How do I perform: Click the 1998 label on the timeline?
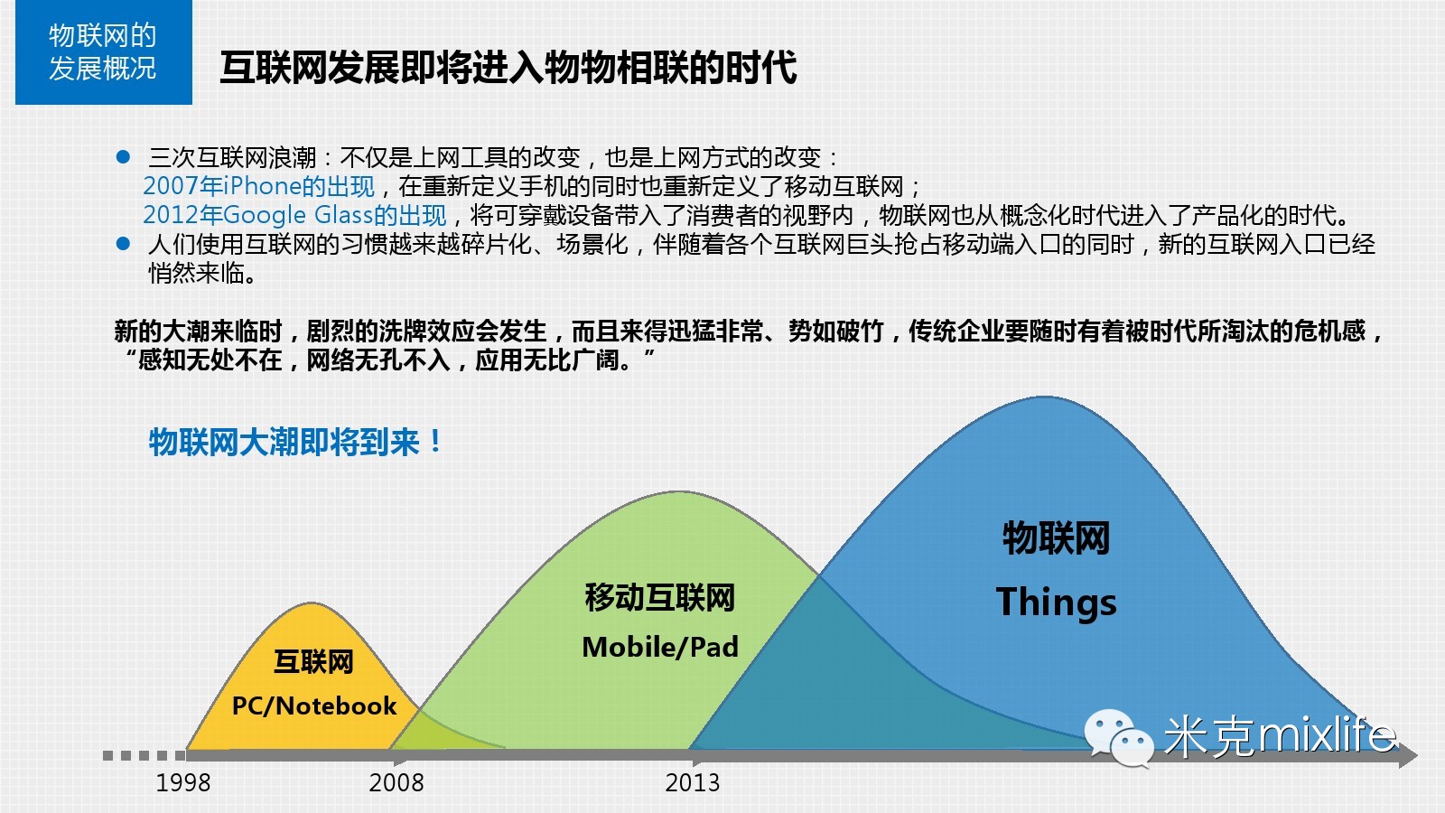click(183, 782)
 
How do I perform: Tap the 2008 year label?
click(396, 782)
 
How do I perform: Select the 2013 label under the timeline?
click(692, 782)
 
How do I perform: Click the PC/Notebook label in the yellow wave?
click(314, 706)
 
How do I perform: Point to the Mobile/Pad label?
click(660, 647)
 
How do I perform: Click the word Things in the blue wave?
click(1056, 603)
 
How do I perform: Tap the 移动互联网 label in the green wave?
click(660, 597)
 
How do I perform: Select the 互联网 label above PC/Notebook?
click(313, 662)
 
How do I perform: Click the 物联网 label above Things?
click(1056, 538)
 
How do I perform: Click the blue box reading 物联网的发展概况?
click(104, 52)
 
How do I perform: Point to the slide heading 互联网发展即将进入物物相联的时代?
click(508, 67)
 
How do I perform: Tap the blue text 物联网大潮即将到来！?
click(295, 443)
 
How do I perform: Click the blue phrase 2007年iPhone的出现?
click(258, 186)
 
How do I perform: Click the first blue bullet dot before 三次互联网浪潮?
click(123, 157)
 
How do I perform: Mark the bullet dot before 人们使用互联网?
click(123, 243)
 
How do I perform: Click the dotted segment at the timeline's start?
click(144, 755)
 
